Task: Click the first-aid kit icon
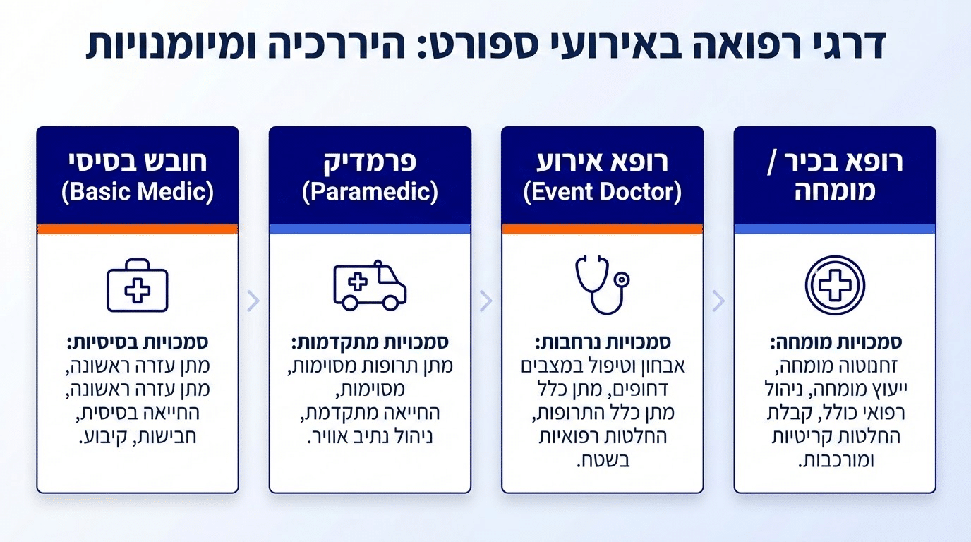point(138,285)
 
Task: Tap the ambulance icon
point(370,285)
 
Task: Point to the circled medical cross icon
point(835,285)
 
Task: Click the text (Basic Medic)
point(138,193)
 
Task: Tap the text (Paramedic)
point(370,193)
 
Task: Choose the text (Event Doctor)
point(602,193)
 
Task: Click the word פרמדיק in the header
point(370,162)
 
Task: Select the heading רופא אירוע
point(602,162)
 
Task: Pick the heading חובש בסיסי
point(138,162)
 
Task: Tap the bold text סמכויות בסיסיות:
point(138,343)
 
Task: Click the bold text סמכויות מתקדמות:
point(370,343)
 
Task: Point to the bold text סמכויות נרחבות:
point(602,343)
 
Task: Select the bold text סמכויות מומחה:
point(835,343)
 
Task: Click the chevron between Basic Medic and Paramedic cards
point(254,301)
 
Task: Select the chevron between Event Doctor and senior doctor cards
point(718,301)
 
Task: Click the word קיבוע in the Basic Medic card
point(101,437)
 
